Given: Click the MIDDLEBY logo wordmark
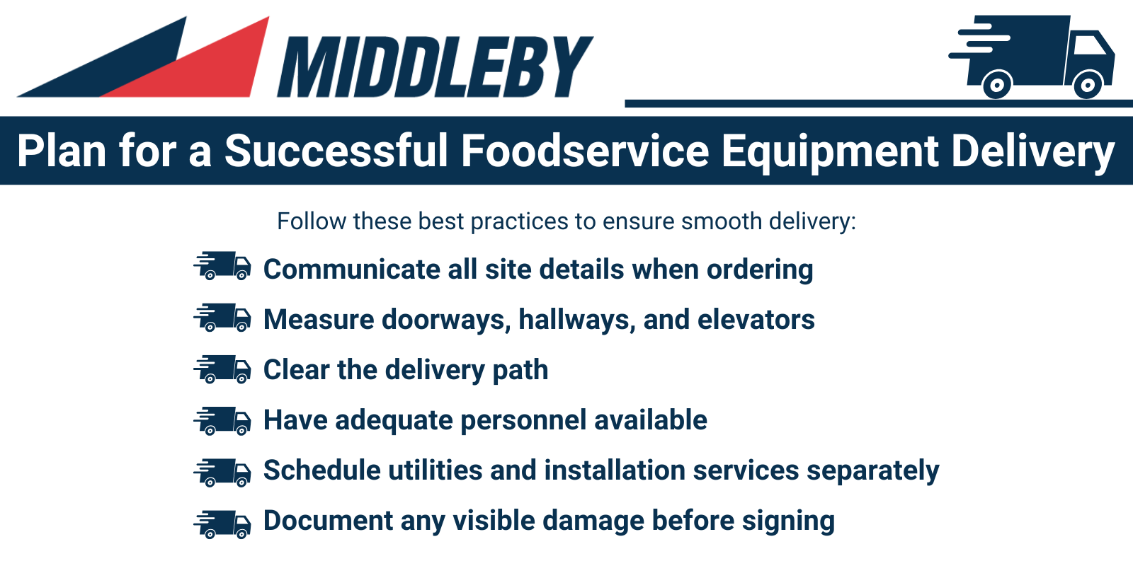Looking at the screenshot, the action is point(435,66).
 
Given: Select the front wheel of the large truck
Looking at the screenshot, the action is point(1088,84).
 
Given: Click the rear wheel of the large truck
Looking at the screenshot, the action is point(997,84).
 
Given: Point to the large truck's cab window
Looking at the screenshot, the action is point(1088,45).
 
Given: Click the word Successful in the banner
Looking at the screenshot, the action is point(336,151).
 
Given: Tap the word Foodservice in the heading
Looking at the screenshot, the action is point(585,151).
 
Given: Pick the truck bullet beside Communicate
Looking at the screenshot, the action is point(222,266).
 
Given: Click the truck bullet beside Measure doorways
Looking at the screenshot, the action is point(222,318).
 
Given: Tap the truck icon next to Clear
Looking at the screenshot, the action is point(222,369).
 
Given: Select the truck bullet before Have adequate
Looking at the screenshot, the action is point(222,420).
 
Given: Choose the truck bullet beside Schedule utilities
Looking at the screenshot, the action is point(222,473).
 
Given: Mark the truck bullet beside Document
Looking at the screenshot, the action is point(222,524).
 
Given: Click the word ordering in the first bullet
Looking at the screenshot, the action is point(760,270).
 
